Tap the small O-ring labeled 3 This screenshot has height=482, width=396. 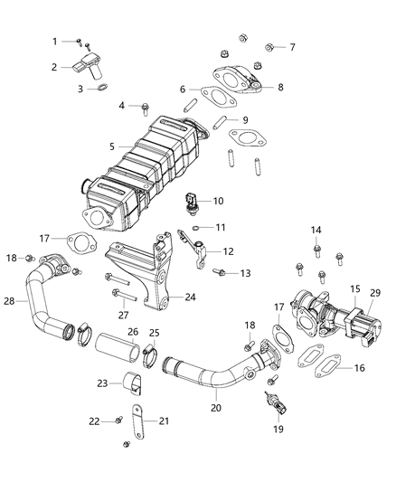coord(104,89)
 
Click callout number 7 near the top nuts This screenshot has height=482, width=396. coord(291,46)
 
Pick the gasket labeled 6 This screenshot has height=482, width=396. coord(212,90)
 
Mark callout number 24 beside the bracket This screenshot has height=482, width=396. coord(191,296)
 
